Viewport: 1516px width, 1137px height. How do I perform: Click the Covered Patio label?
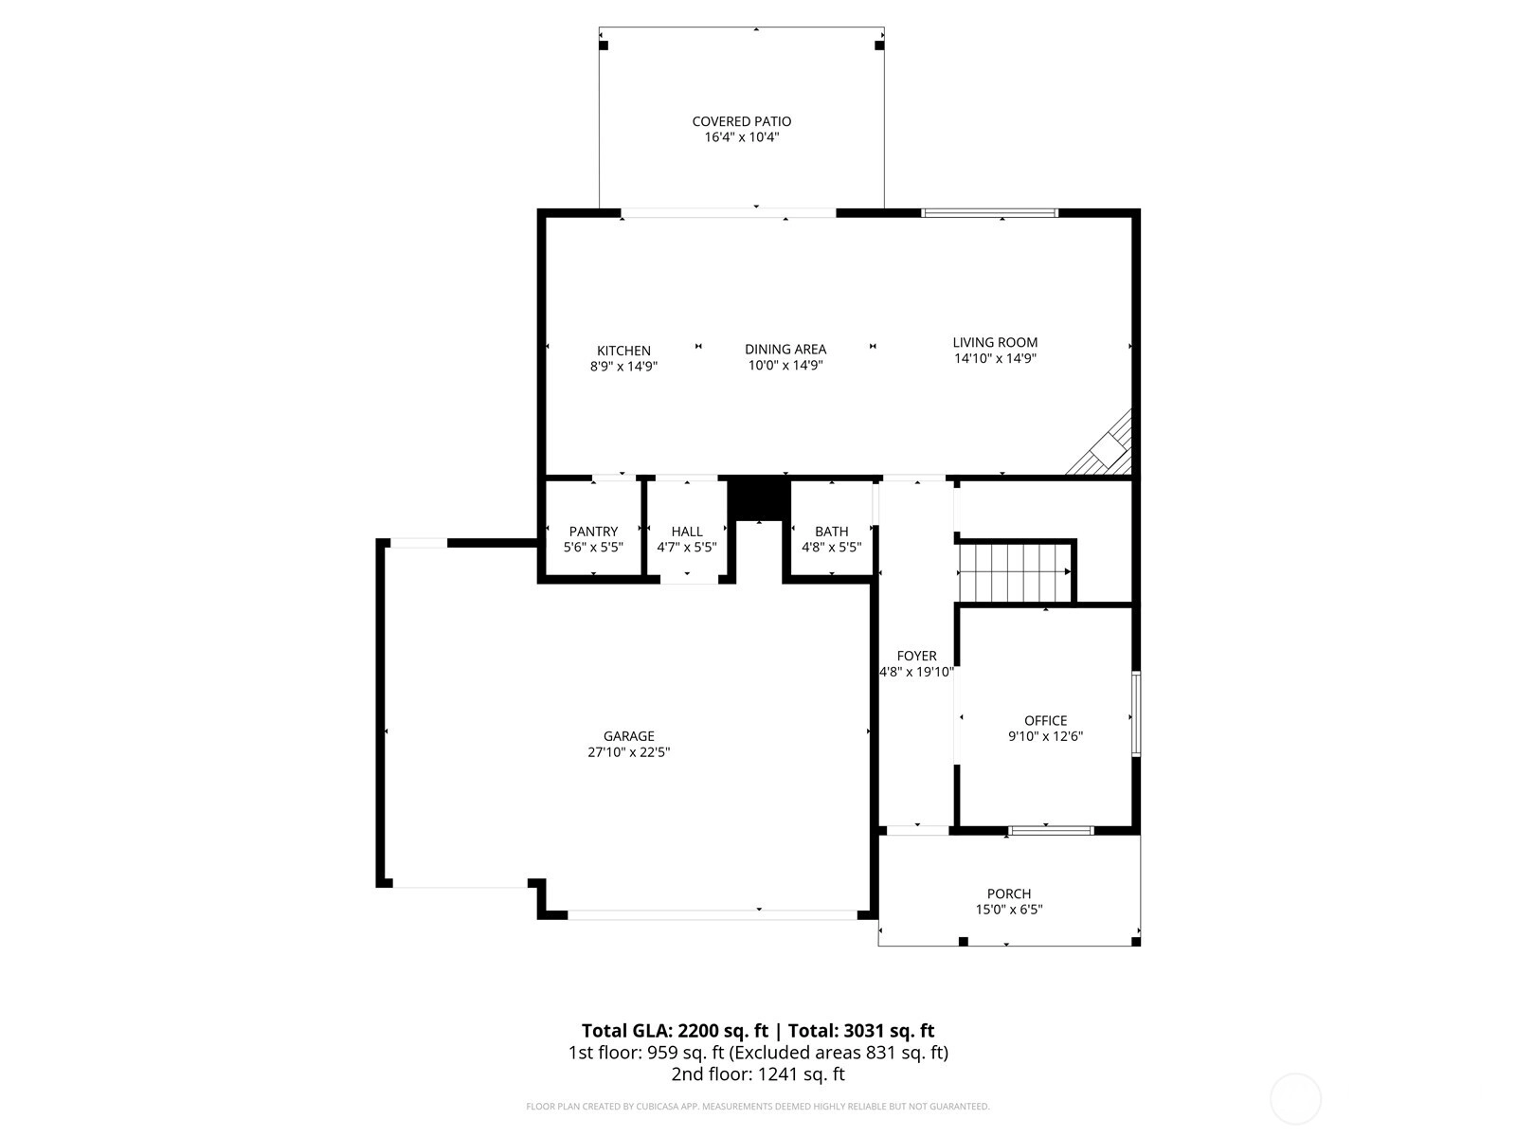pos(741,121)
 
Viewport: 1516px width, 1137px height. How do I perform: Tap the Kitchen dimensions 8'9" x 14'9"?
pos(623,367)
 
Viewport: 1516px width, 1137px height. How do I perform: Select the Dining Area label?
pos(785,350)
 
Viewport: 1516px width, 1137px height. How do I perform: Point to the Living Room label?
pos(995,342)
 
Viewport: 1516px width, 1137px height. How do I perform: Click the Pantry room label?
pos(593,532)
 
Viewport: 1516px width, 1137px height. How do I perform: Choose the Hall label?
pos(687,532)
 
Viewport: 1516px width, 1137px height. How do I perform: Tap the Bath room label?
pos(831,532)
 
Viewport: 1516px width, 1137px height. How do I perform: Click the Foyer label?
pos(916,656)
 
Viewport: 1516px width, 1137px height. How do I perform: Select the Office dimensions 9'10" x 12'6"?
pos(1045,736)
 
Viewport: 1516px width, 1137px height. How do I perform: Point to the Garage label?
pos(628,736)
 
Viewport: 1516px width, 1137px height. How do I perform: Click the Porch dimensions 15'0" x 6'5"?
pos(1008,910)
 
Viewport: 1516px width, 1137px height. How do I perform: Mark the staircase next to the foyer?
pos(1014,572)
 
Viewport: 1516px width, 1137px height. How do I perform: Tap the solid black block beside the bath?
pos(759,498)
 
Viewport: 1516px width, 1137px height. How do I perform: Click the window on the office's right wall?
pos(1135,713)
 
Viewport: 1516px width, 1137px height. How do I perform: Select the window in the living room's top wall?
pos(990,212)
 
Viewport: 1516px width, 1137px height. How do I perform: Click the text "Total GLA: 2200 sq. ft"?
pos(674,1031)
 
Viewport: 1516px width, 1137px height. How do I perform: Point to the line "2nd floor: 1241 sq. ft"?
pos(758,1074)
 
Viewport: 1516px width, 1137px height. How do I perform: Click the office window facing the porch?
pos(1051,831)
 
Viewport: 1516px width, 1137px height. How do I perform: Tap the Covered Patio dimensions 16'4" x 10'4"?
pos(741,137)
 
